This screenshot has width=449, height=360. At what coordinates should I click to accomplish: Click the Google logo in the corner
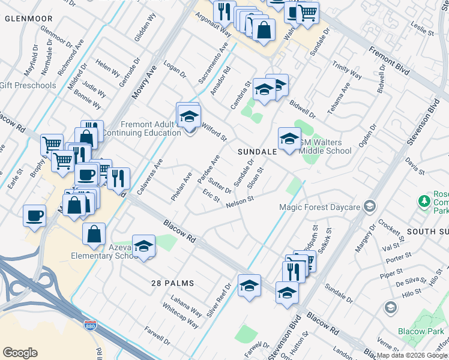[20, 353]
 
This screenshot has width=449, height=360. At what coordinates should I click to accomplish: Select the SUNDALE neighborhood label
[257, 152]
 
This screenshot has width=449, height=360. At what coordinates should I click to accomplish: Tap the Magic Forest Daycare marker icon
[370, 207]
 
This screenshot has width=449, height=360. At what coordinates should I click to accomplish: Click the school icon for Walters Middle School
[289, 139]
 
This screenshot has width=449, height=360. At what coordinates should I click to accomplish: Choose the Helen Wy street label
[108, 69]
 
